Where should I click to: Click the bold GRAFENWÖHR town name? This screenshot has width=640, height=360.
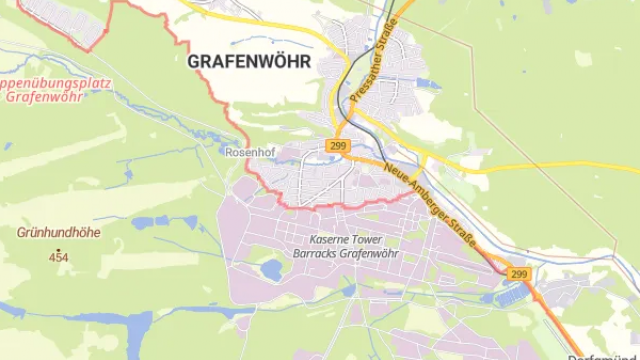249,61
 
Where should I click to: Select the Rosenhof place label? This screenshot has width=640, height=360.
249,152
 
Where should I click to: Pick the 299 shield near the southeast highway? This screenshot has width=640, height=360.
517,273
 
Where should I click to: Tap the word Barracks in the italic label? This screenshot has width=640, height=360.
318,255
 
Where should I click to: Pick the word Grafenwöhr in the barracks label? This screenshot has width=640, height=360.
371,255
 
